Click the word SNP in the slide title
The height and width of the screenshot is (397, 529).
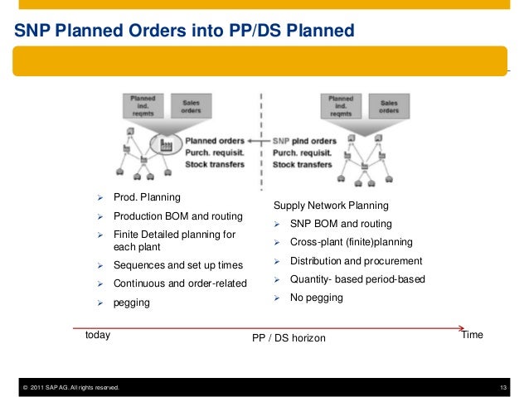[x=33, y=31]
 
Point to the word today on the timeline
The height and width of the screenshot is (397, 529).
[x=98, y=336]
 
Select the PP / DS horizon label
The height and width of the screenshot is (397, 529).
[x=289, y=339]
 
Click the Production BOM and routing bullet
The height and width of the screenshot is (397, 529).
[x=177, y=216]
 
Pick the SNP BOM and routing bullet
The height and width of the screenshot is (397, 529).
[x=341, y=224]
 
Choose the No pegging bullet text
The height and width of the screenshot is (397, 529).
[x=316, y=297]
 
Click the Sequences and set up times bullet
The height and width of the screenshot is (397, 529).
[x=177, y=265]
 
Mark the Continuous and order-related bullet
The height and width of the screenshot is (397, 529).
[x=179, y=283]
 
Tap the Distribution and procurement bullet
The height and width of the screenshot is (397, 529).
[x=356, y=261]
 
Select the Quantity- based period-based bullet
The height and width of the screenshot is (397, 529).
[x=357, y=279]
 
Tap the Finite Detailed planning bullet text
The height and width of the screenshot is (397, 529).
[x=173, y=241]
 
